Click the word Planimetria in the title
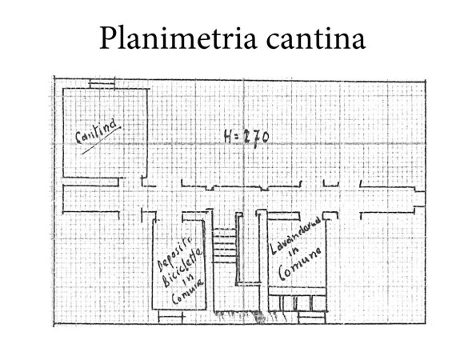pyautogui.click(x=178, y=38)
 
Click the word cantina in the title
pyautogui.click(x=316, y=39)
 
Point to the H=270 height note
pyautogui.click(x=246, y=138)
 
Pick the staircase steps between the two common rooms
pyautogui.click(x=224, y=245)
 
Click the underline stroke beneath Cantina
pyautogui.click(x=101, y=141)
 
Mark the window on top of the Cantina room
pyautogui.click(x=102, y=83)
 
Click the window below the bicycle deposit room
pyautogui.click(x=170, y=317)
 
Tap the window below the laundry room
pyautogui.click(x=312, y=318)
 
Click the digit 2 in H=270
pyautogui.click(x=247, y=138)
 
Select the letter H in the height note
pyautogui.click(x=228, y=137)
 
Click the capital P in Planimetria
pyautogui.click(x=109, y=38)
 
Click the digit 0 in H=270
pyautogui.click(x=264, y=138)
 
